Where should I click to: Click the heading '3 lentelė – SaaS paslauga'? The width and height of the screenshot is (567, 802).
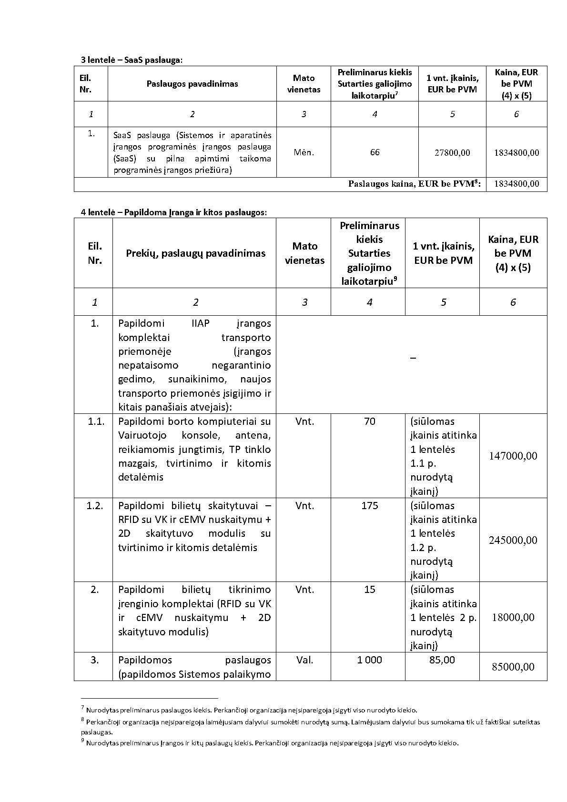click(x=132, y=60)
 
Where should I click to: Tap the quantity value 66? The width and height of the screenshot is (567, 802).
click(x=375, y=152)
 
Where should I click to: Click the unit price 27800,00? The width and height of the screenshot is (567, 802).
click(x=452, y=153)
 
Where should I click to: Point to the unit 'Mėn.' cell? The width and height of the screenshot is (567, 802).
click(x=304, y=152)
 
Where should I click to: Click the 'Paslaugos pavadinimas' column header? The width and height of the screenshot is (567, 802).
click(x=192, y=84)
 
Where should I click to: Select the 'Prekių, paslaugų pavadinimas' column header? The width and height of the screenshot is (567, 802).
click(x=195, y=253)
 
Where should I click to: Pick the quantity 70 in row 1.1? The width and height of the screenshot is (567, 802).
click(x=369, y=421)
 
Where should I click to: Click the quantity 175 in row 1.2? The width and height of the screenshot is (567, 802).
click(x=369, y=506)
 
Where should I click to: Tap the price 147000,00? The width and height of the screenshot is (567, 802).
click(x=513, y=456)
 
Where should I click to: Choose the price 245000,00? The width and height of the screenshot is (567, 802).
click(x=513, y=541)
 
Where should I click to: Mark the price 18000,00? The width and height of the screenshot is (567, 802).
click(x=513, y=618)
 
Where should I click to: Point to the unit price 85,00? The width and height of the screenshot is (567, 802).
click(x=442, y=660)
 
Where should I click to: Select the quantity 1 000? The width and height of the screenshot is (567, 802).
click(x=369, y=660)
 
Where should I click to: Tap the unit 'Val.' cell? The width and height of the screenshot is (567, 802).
click(x=304, y=660)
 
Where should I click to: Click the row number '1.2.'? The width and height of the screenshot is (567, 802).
click(x=95, y=506)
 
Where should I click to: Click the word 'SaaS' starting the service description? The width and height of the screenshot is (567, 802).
click(x=122, y=135)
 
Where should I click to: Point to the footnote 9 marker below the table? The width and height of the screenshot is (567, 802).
click(x=82, y=741)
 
